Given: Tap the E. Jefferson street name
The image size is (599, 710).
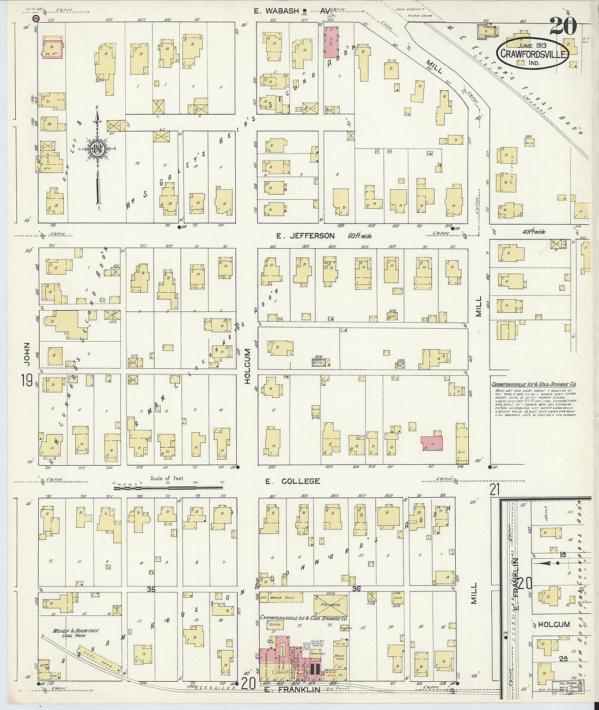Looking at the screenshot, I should [305, 236].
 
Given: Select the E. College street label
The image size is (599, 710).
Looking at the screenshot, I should [292, 481].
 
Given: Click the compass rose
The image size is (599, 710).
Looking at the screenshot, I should [97, 150].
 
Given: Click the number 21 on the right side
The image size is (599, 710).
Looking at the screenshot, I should [494, 490].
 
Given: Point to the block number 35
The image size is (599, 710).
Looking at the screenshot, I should [151, 589].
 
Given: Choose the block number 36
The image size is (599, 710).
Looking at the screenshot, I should [357, 589].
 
